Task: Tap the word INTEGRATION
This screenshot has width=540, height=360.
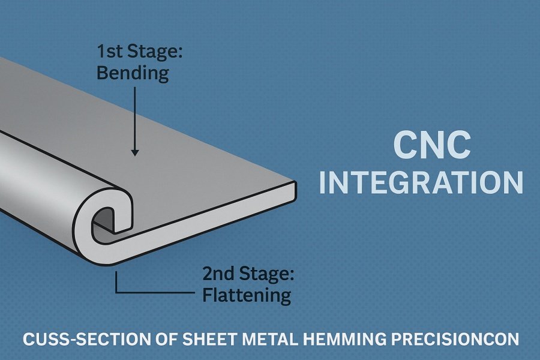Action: point(421,183)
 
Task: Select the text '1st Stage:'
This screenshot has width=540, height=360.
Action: point(139,52)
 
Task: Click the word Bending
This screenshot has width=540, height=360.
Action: point(132,74)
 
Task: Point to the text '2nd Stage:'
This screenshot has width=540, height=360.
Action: point(248,275)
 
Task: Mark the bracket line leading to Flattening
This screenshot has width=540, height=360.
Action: point(150,293)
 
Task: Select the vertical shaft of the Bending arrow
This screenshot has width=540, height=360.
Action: point(135,120)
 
